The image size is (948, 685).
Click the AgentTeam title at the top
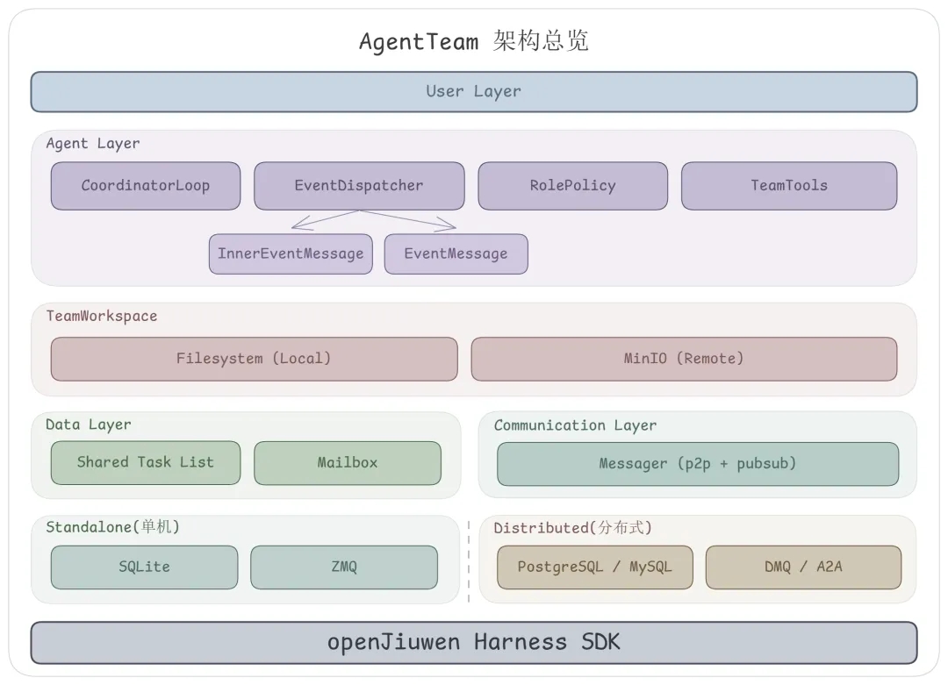point(473,41)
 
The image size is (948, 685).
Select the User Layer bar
point(473,91)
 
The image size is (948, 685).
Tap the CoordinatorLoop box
point(145,185)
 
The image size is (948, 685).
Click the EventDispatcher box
point(359,185)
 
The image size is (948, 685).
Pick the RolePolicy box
point(572,185)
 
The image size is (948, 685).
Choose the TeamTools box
point(788,185)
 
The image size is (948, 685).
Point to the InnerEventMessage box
point(291,253)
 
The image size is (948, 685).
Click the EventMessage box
point(456,253)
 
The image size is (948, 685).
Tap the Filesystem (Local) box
point(254,358)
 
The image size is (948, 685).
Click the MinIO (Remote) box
point(684,358)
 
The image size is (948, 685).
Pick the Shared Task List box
point(145,462)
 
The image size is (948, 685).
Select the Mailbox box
point(347,462)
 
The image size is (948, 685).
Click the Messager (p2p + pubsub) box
point(697,463)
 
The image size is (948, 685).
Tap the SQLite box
point(144,567)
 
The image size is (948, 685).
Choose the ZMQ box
point(343,567)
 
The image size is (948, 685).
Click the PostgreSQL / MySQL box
point(594,567)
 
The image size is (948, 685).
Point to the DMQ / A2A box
point(802,567)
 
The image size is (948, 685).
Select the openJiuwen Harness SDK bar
point(473,642)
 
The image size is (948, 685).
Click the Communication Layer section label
point(575,425)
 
